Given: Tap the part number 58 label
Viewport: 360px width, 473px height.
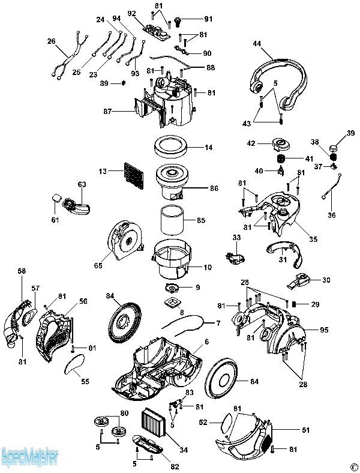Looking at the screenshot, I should click(x=22, y=271).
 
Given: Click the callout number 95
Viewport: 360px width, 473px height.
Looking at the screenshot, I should click(x=325, y=329).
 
